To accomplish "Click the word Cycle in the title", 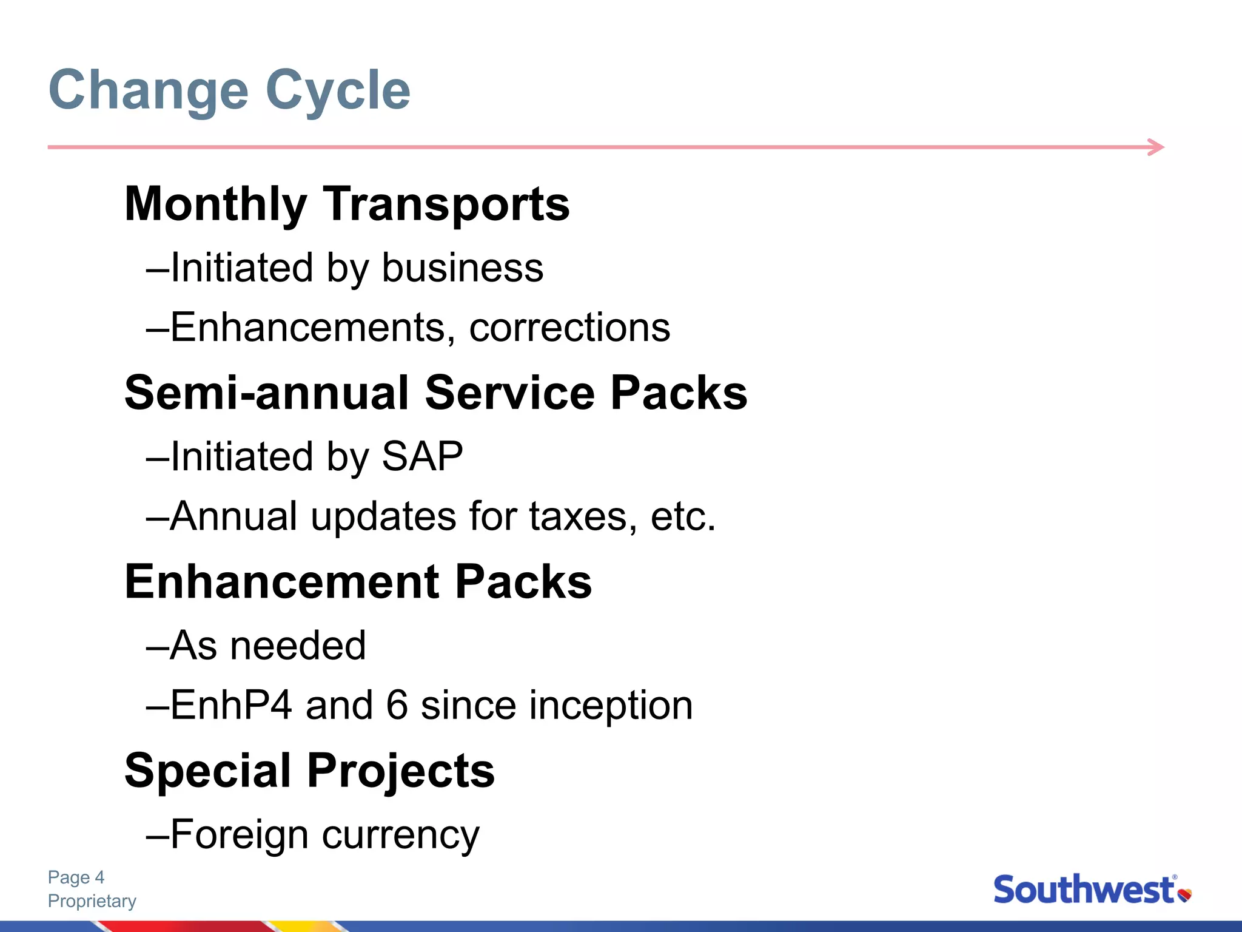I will tap(338, 91).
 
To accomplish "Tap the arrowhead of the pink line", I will tap(1157, 147).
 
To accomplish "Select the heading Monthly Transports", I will tap(347, 204).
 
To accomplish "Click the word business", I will tap(462, 268).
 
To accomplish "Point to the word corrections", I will tap(569, 328).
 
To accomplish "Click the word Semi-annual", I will tap(267, 393).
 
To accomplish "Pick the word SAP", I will tap(422, 456).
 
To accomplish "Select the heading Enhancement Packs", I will tap(358, 582).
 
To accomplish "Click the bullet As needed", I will tap(267, 645).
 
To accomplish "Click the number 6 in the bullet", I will tap(397, 706).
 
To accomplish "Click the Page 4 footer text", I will tap(76, 877).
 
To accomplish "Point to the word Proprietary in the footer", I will tap(92, 901).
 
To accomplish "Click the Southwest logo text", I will tap(1083, 891).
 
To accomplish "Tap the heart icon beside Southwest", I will tap(1184, 895).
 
